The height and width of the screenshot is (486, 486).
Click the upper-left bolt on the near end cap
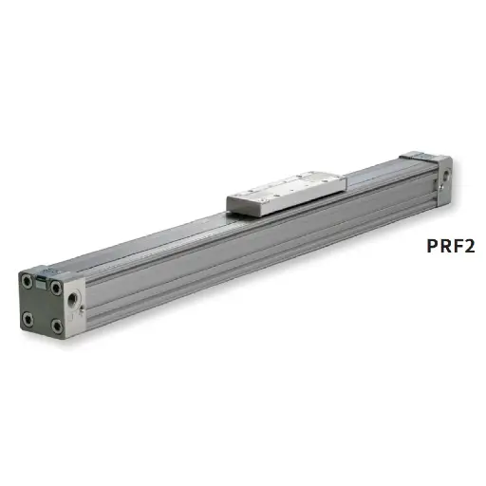27,280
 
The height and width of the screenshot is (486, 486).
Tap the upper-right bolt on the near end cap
57,285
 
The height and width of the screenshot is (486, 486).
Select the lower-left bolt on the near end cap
28,317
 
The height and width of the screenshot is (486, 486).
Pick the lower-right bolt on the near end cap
57,326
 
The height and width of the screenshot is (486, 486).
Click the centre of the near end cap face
42,302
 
